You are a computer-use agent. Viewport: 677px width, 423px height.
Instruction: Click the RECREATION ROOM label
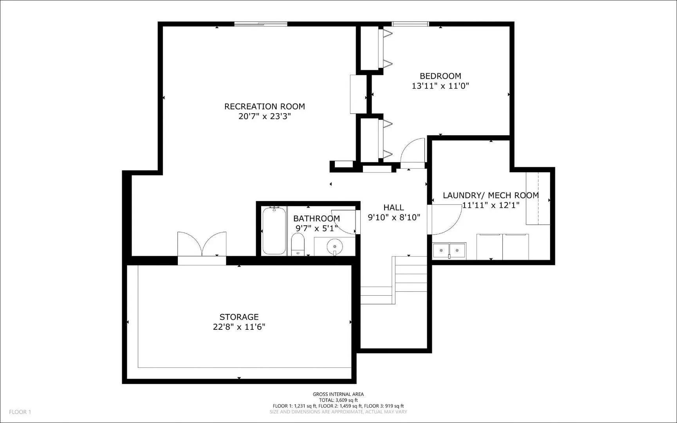264,106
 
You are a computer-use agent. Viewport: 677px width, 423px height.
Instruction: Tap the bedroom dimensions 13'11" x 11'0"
440,86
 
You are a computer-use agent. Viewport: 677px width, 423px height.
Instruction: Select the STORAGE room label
239,317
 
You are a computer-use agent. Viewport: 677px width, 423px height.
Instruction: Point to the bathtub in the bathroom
274,231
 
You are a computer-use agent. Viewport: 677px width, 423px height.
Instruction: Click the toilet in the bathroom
298,244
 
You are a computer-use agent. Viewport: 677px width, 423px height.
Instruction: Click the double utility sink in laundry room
449,250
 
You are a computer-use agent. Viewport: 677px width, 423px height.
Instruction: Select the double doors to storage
202,245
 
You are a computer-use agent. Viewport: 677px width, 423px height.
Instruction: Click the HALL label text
394,208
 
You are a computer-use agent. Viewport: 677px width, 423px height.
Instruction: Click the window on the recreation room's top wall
261,24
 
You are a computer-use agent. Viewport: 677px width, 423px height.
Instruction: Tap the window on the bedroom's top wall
410,24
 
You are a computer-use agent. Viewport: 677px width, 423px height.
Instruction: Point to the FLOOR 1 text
20,412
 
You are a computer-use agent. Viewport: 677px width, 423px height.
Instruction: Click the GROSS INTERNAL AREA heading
338,394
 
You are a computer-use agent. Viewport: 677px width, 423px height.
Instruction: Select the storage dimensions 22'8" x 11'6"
239,327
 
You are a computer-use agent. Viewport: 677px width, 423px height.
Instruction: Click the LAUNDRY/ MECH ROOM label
491,195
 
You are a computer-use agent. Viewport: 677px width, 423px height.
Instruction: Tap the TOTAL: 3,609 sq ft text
338,400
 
